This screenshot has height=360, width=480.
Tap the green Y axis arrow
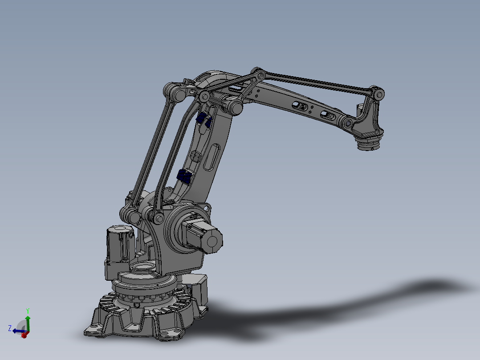point(28,322)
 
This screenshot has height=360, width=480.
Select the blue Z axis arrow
point(17,331)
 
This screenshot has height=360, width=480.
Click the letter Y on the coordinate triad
point(28,311)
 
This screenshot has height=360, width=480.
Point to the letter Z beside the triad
point(10,328)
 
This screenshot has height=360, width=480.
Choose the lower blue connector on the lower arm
point(184,176)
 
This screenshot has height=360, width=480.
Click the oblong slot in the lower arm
point(212,157)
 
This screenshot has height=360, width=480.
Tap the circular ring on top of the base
point(143,269)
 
